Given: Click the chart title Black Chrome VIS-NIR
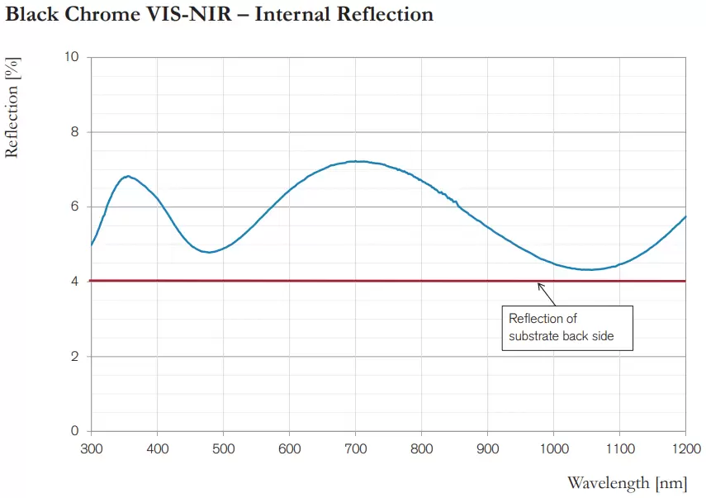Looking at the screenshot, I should tap(219, 14).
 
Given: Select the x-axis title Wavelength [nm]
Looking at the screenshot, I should tap(627, 483).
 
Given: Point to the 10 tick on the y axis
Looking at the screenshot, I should tap(72, 57).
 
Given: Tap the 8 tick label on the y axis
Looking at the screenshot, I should tap(75, 132).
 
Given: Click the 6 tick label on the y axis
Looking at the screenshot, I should tap(75, 206).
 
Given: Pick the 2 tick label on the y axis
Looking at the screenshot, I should tap(75, 357).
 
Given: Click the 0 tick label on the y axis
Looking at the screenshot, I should tap(75, 431).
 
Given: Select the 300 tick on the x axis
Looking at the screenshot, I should tap(91, 448).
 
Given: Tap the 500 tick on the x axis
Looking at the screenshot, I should tap(223, 448).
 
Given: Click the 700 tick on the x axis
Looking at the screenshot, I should tap(355, 448).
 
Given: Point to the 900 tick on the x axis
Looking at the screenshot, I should tap(487, 448).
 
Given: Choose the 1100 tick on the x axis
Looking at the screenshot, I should tap(619, 448).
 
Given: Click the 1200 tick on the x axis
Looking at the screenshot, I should tap(685, 448).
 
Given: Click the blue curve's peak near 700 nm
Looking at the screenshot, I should tap(355, 161).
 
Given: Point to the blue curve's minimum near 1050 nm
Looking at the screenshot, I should tap(587, 269).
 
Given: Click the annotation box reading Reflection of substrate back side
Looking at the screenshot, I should tap(567, 328).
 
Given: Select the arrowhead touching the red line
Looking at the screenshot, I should tap(540, 285).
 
